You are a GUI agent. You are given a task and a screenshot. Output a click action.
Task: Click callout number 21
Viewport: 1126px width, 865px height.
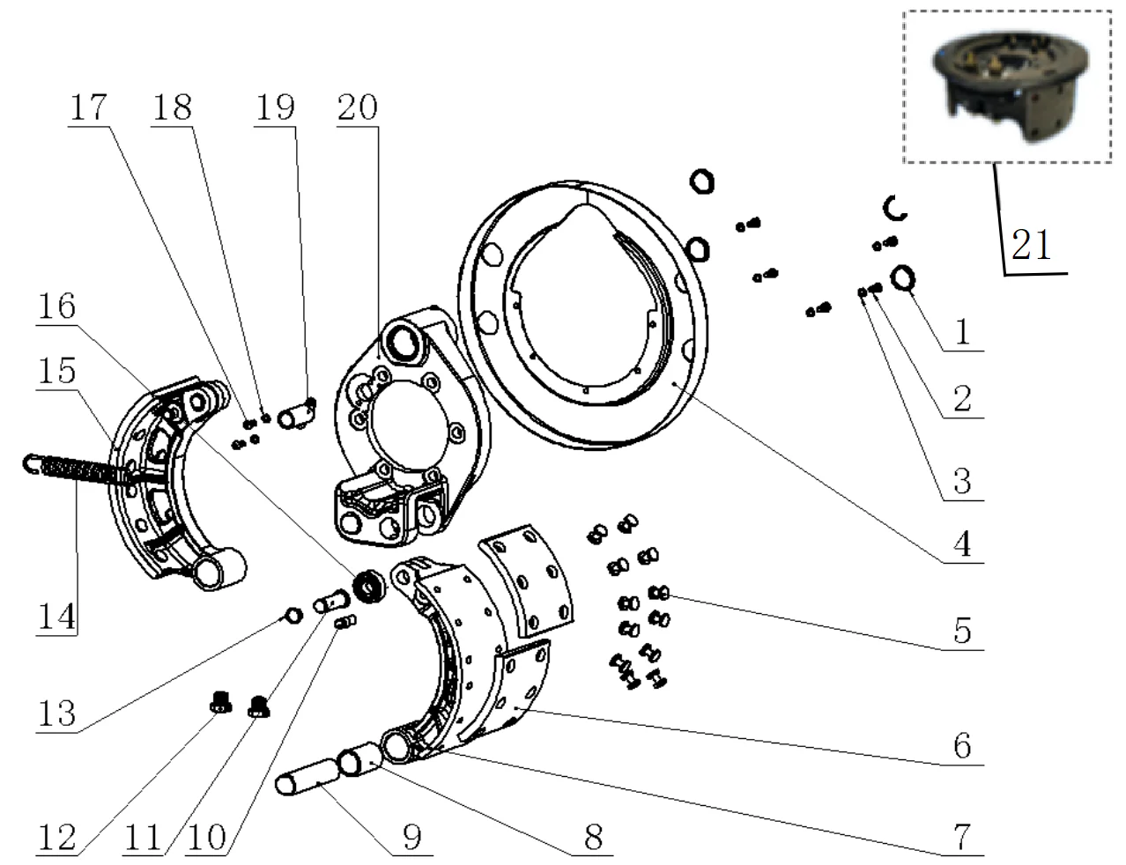(1031, 246)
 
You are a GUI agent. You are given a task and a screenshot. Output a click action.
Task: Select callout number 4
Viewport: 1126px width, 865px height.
(961, 543)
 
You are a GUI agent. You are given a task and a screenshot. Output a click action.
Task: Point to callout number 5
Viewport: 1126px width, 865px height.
(961, 631)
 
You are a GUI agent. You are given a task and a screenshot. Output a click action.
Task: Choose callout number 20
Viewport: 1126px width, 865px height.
(356, 107)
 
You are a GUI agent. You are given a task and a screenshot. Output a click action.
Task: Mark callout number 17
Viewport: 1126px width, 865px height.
(86, 107)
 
